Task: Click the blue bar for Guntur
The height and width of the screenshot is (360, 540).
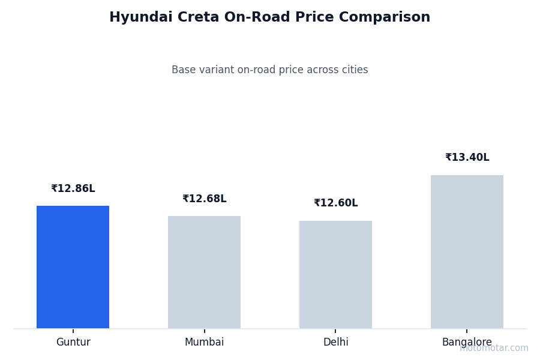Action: [x=73, y=267]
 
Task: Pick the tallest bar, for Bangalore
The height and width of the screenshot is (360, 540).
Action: [x=467, y=251]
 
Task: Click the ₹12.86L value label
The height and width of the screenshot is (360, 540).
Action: [x=73, y=189]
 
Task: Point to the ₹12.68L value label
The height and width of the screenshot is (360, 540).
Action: [x=204, y=199]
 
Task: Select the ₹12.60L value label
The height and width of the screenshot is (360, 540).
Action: [x=335, y=203]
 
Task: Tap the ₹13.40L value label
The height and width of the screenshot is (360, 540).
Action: [x=467, y=158]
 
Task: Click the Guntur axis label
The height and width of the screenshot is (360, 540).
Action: [x=73, y=343]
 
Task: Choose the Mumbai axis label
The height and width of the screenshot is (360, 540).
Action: [x=204, y=343]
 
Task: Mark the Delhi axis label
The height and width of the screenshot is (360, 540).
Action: [x=335, y=343]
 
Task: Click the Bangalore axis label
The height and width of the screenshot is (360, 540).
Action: [x=467, y=343]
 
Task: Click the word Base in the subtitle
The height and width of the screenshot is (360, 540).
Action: [x=184, y=70]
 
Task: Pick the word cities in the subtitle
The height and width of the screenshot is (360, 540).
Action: [x=353, y=70]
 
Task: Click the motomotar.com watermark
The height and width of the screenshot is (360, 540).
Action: [x=494, y=349]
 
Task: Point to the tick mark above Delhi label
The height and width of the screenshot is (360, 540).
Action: [x=335, y=331]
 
